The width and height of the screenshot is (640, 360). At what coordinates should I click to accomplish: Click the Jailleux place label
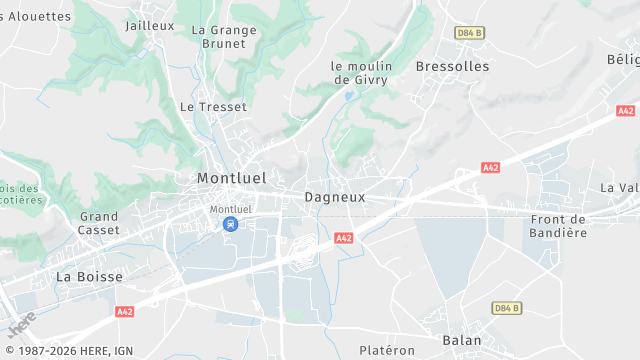click(150, 26)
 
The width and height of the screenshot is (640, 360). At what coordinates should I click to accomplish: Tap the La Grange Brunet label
click(224, 37)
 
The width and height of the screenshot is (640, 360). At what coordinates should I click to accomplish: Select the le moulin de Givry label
click(361, 73)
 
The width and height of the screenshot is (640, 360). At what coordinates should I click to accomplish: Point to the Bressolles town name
click(452, 66)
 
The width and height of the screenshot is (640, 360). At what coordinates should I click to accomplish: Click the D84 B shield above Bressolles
click(469, 33)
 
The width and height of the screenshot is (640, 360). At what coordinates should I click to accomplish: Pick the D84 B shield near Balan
click(506, 308)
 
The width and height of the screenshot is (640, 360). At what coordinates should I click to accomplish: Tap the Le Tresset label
click(213, 106)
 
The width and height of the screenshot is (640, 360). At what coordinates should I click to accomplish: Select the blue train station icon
click(231, 224)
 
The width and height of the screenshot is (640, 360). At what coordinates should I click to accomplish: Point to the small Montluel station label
click(231, 209)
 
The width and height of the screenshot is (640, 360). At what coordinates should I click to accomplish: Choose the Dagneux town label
click(335, 197)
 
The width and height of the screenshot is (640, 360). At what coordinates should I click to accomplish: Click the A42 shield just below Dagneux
click(344, 238)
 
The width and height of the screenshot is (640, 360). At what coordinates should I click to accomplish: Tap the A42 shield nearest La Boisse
click(124, 312)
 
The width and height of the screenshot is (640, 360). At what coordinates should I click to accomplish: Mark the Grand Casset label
click(99, 223)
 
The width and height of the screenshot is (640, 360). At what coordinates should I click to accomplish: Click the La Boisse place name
click(89, 276)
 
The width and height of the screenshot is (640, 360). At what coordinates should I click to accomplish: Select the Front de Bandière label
click(559, 226)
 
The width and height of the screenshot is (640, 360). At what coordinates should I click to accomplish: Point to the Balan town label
click(462, 340)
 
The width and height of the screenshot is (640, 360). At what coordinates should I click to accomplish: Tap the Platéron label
click(386, 350)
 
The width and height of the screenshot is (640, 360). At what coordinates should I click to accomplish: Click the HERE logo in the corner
click(22, 324)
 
